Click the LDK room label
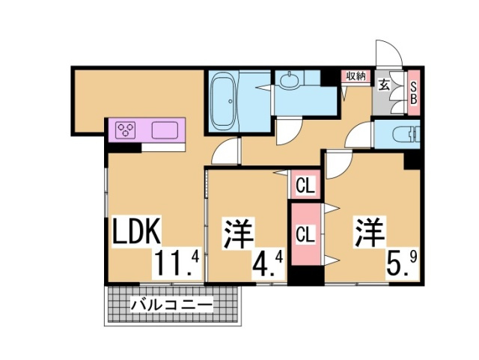point(136,233)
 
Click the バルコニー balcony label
point(171,305)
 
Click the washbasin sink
point(288,80)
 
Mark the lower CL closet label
point(305,234)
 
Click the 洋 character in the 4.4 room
point(235,233)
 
